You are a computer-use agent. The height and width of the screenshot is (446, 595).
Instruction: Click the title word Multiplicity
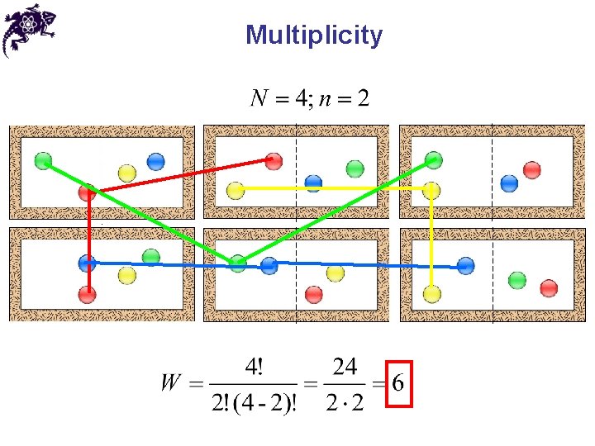[314, 36]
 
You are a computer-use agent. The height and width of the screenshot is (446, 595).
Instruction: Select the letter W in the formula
[171, 383]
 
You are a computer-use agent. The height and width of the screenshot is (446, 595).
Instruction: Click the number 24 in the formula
[345, 367]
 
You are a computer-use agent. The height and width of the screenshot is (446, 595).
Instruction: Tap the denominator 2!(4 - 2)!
[255, 404]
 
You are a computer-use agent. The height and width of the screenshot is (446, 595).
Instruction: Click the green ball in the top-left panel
[44, 161]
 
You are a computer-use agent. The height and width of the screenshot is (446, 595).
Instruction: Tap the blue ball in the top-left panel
[155, 162]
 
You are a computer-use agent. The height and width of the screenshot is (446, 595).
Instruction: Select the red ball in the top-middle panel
[274, 161]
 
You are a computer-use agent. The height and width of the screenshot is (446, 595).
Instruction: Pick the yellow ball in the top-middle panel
[236, 191]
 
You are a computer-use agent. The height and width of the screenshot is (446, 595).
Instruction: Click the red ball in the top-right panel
[532, 169]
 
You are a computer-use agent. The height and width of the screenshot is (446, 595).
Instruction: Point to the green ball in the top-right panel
[432, 160]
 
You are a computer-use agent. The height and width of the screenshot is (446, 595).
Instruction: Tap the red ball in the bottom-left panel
[88, 294]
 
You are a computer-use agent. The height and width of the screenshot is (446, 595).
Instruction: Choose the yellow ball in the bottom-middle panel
[335, 273]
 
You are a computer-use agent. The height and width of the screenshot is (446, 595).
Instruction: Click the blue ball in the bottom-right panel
[465, 266]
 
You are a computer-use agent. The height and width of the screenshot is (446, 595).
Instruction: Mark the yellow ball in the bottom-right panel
[431, 292]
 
